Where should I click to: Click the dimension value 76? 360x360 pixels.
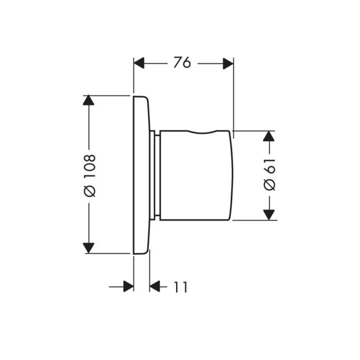click(182, 62)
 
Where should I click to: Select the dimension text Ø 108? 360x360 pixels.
click(89, 175)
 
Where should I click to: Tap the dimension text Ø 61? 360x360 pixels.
click(269, 174)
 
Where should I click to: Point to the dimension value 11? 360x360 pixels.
click(181, 287)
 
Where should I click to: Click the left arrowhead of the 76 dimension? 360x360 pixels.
click(139, 63)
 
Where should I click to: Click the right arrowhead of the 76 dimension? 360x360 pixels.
click(228, 63)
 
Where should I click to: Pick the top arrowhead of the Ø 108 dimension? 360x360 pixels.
click(88, 100)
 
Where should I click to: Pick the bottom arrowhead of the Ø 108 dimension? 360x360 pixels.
click(88, 248)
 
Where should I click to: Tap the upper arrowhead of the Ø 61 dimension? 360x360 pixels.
click(269, 136)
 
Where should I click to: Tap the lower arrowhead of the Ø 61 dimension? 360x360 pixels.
click(269, 215)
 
